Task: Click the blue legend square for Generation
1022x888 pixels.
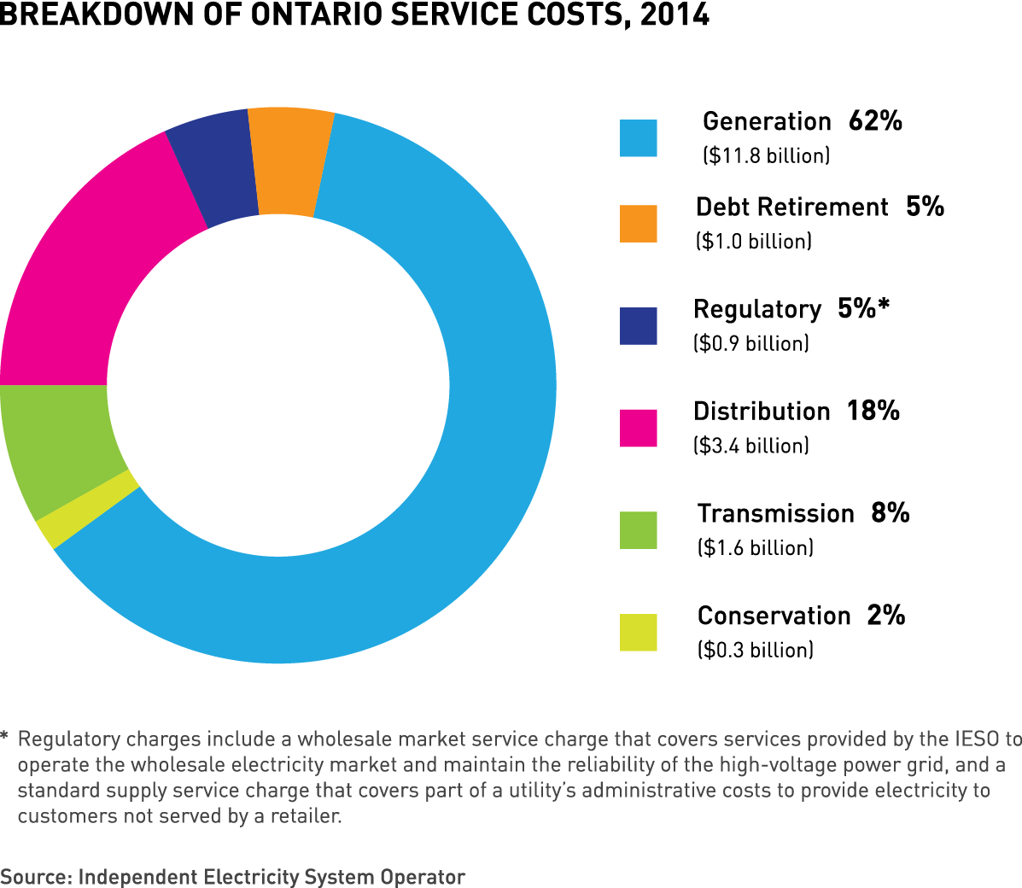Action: (638, 138)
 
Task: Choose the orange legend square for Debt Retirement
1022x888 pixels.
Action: (638, 224)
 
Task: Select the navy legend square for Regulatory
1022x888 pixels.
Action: (638, 326)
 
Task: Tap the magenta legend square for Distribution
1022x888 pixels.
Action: (638, 428)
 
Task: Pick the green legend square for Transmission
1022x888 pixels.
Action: (638, 530)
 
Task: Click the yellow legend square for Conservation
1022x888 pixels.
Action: (638, 633)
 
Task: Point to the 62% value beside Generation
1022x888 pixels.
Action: (875, 121)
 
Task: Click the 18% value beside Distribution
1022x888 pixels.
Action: (873, 411)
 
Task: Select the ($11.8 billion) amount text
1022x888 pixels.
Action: (766, 156)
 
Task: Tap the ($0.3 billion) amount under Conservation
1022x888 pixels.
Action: (755, 651)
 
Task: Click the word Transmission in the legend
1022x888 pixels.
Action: (775, 513)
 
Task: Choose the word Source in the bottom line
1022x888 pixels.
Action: (34, 877)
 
